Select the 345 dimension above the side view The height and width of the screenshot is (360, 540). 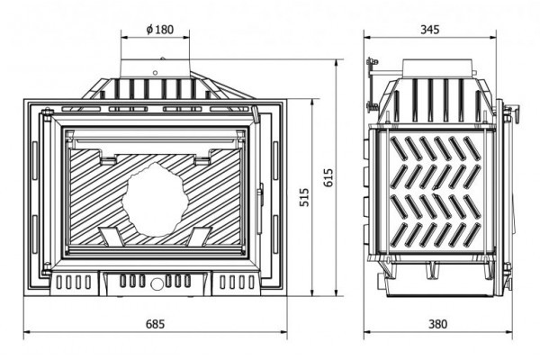[430, 29]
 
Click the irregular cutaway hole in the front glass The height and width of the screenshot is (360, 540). [156, 196]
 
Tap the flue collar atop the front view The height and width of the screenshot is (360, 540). [156, 68]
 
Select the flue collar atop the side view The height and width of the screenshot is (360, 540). [437, 70]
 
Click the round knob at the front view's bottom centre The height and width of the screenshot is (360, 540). [156, 283]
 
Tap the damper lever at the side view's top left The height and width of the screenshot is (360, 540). [373, 68]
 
